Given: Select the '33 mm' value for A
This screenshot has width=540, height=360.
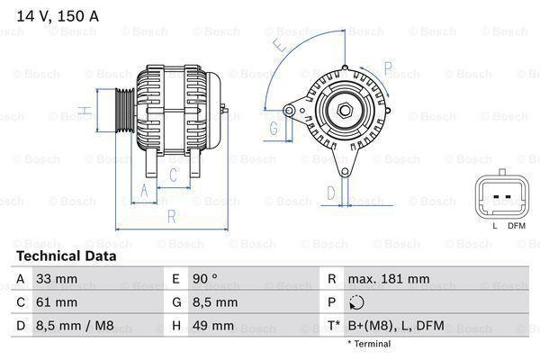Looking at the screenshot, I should (x=56, y=280).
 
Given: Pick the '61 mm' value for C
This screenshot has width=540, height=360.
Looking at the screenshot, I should (x=56, y=302).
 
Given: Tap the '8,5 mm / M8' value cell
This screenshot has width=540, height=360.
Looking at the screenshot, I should (x=76, y=325).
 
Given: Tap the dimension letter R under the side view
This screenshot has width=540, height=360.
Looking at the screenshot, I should (x=171, y=216).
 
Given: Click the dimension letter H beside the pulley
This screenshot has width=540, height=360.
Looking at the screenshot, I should (x=82, y=111).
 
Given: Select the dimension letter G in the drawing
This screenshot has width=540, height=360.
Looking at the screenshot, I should (x=274, y=129).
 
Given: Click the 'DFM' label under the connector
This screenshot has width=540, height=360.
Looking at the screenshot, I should (x=516, y=225).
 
